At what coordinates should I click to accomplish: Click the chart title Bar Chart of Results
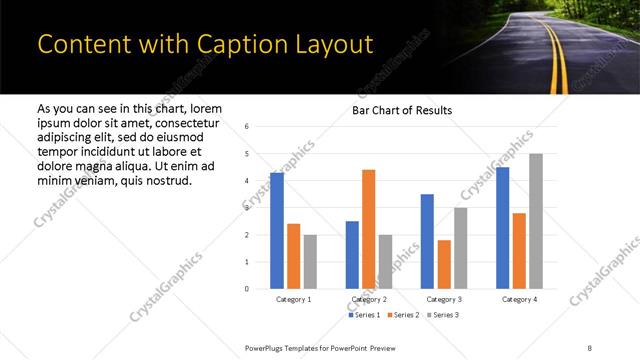[401, 110]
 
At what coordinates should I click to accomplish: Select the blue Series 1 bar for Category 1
[277, 230]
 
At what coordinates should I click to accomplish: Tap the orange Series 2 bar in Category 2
[368, 229]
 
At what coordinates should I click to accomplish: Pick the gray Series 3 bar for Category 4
[536, 221]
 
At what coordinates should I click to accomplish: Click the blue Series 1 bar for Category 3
[427, 241]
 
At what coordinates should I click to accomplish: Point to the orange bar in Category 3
[444, 264]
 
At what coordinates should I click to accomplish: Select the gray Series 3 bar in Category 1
[310, 261]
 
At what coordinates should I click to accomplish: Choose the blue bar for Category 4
[502, 227]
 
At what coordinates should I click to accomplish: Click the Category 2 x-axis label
[368, 299]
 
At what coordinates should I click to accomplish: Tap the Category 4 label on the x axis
[519, 299]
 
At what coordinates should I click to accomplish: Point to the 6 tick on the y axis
[247, 127]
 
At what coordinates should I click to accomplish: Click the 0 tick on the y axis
[247, 289]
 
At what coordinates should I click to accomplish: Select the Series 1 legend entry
[364, 315]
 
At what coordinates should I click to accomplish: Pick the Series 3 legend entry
[442, 315]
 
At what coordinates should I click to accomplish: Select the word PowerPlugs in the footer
[268, 346]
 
